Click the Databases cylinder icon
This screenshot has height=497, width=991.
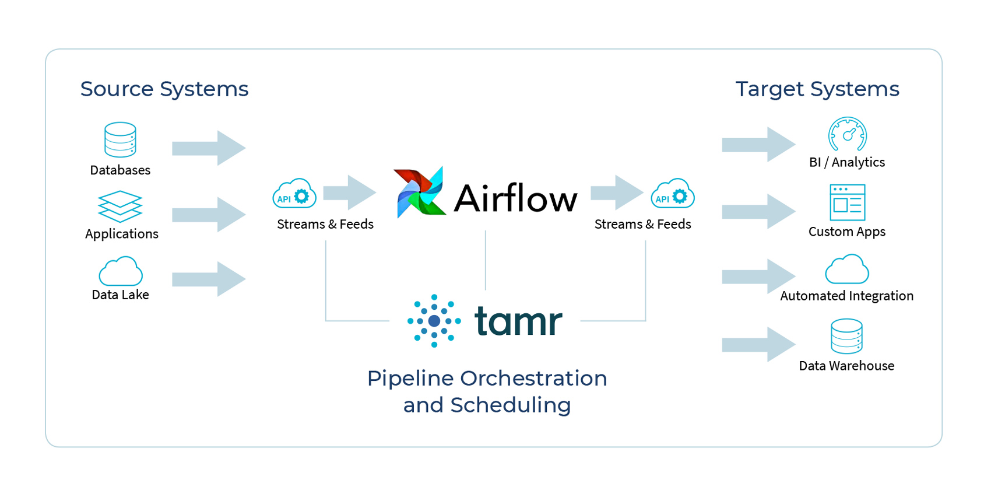pos(120,140)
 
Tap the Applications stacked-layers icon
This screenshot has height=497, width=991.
pos(120,206)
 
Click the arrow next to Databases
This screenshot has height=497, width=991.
pos(209,148)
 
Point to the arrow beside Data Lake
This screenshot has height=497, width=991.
pos(209,279)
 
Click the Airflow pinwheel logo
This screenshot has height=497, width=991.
pos(420,192)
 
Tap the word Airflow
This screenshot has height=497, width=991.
pos(516,198)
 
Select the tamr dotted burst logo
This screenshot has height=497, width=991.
pos(434,321)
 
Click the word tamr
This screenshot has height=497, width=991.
pos(518,320)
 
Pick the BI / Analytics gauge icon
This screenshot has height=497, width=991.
pos(847,134)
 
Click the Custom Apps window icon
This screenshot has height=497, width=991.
pos(847,202)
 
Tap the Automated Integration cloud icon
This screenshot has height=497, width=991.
pos(847,269)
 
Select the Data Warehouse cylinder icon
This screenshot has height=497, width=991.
pos(847,336)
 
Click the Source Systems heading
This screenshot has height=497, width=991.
pos(164,89)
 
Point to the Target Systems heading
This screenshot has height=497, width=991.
pos(817,89)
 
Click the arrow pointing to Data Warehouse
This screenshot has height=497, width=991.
pos(759,344)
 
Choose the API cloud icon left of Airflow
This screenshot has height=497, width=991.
pos(294,194)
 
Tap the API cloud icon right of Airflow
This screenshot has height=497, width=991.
pos(673,194)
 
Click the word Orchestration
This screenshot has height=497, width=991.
pos(533,379)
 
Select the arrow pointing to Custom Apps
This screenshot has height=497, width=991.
pos(759,211)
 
